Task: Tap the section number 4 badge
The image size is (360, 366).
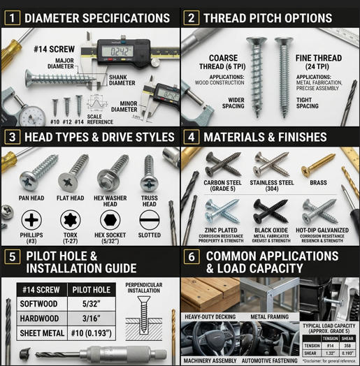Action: (x=191, y=137)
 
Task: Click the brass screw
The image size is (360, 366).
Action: (x=319, y=164)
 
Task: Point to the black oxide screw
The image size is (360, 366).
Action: (x=270, y=210)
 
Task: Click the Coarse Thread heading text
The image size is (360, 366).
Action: (x=223, y=62)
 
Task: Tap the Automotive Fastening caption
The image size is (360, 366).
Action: (x=269, y=360)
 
